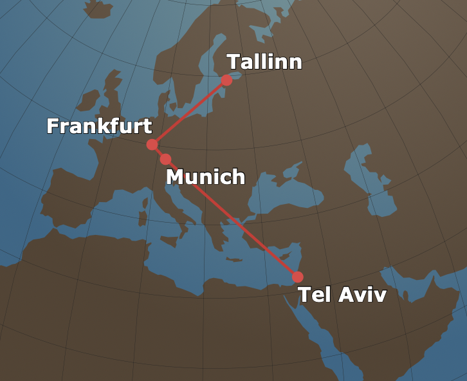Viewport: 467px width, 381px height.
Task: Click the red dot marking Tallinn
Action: [x=226, y=80]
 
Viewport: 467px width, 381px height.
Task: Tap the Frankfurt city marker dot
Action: [x=152, y=144]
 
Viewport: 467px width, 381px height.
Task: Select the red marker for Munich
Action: [x=165, y=159]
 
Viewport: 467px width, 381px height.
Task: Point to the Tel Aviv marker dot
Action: [x=297, y=277]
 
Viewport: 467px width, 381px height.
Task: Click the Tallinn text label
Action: [x=264, y=62]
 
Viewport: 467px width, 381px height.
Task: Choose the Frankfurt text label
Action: [x=99, y=126]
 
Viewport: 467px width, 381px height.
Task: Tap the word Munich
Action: [x=205, y=176]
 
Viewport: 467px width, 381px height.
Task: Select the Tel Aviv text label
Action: [x=342, y=295]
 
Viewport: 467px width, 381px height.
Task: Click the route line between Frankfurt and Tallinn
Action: [x=189, y=112]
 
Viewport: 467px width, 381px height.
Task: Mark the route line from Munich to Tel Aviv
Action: [x=232, y=218]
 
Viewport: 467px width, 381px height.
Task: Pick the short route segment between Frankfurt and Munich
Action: [x=158, y=151]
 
